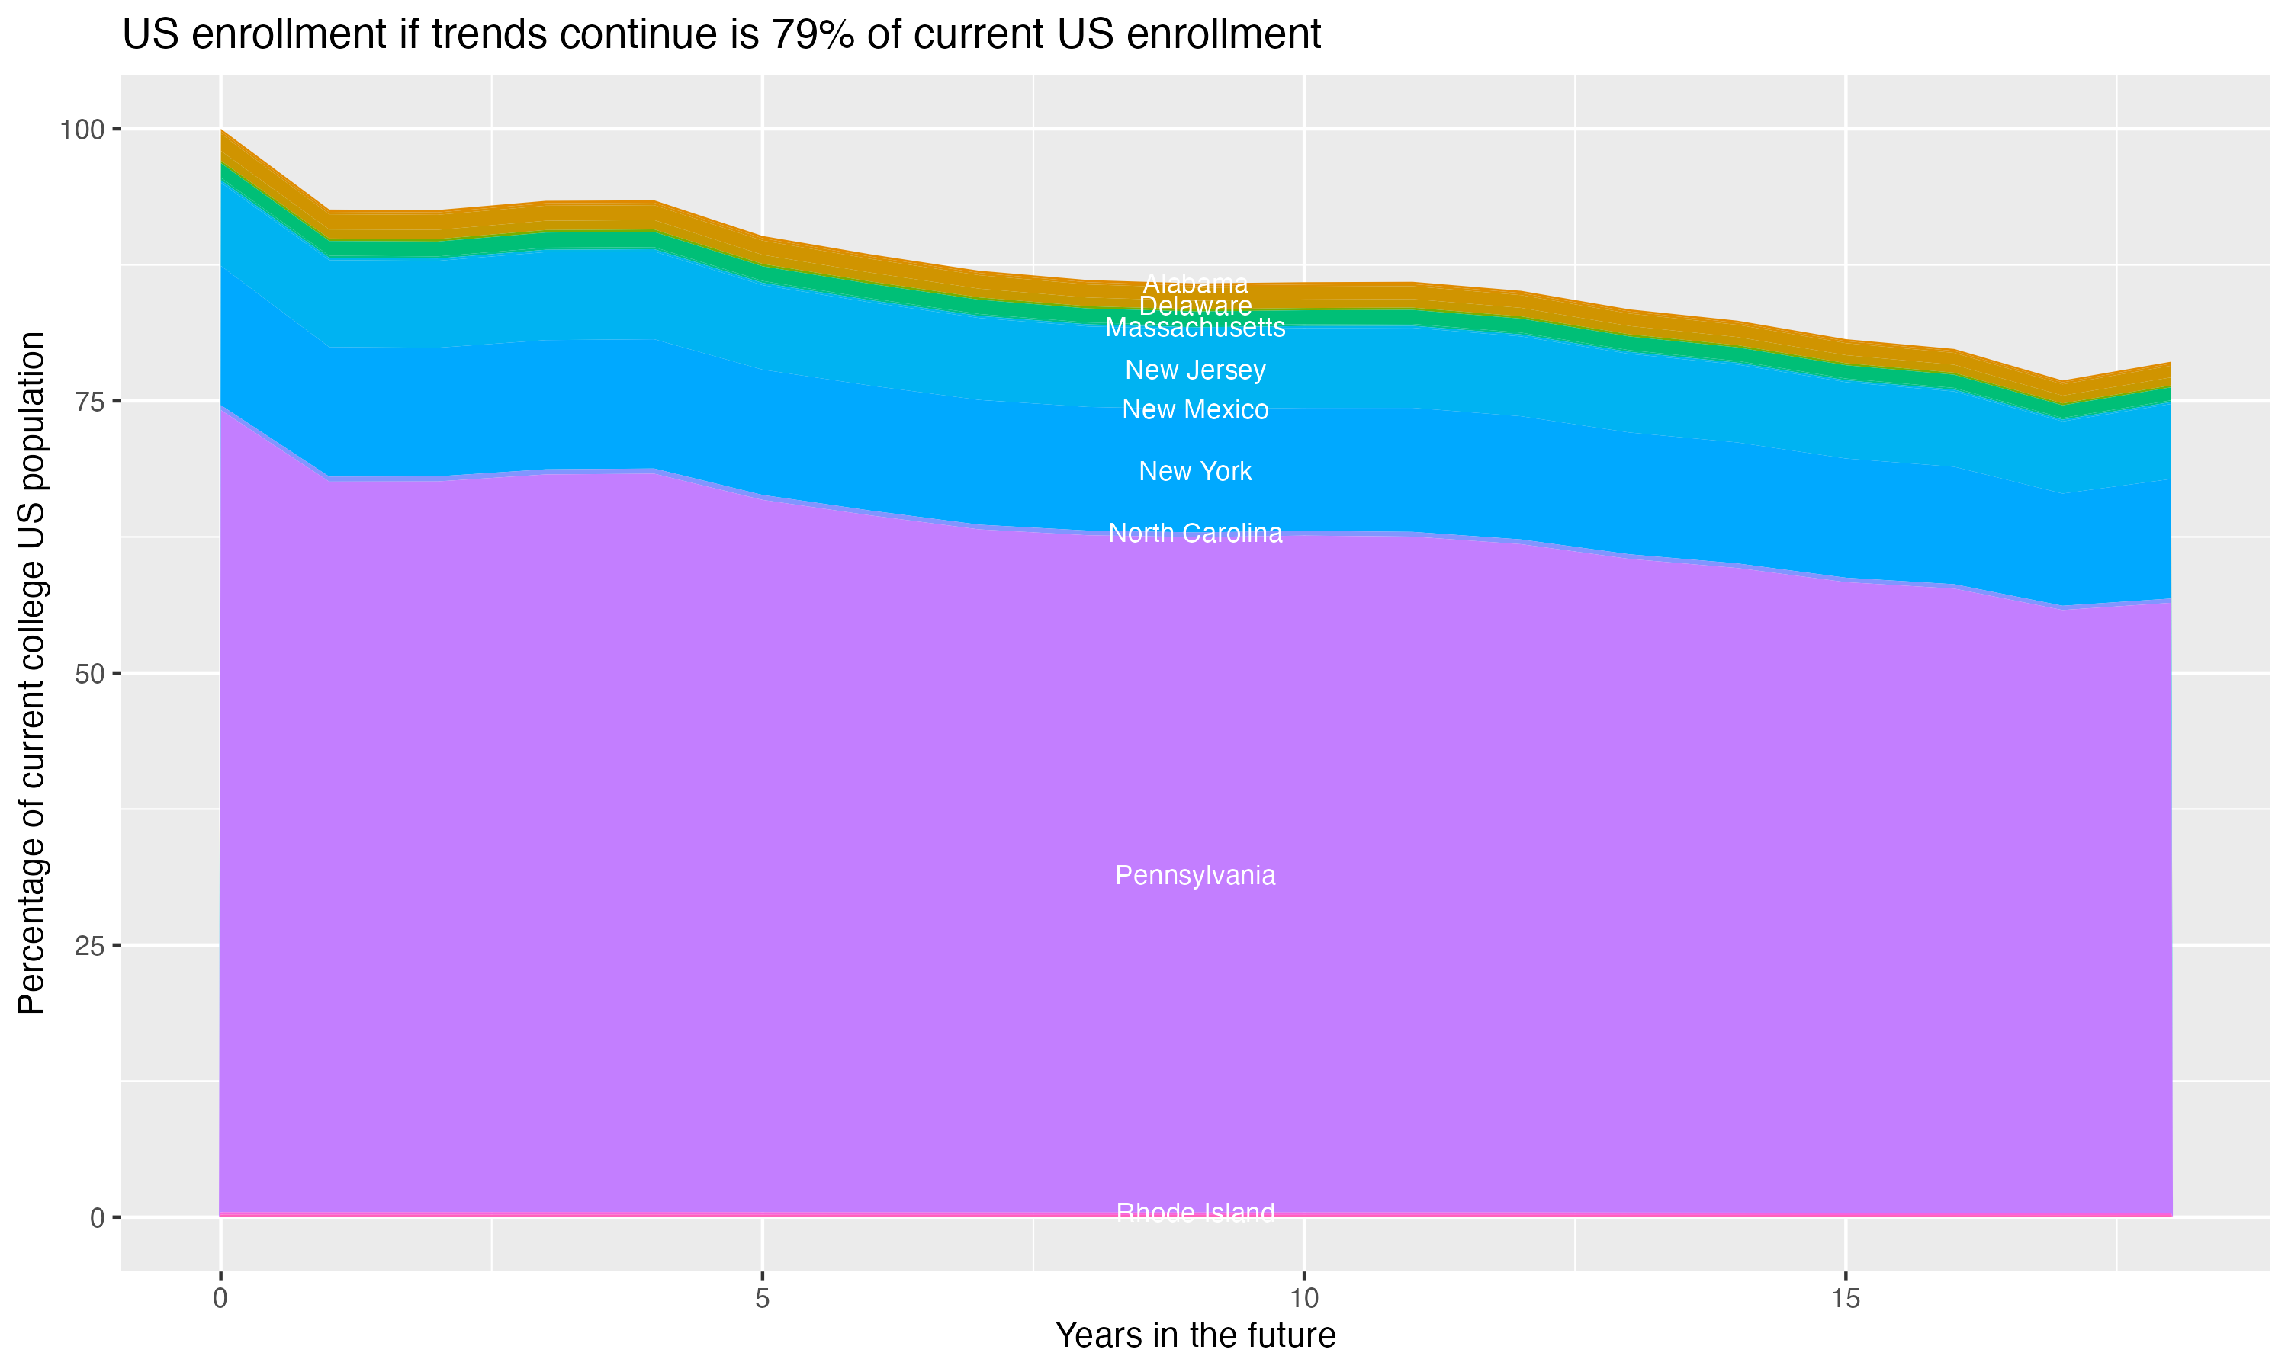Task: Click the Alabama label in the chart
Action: point(1195,284)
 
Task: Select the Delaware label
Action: point(1195,306)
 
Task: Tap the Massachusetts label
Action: point(1195,327)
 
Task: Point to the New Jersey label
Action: point(1195,370)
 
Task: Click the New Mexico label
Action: point(1195,409)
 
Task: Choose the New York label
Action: point(1195,472)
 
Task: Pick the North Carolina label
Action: point(1195,534)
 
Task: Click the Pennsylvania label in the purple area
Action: point(1195,876)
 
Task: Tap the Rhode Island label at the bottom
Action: point(1195,1212)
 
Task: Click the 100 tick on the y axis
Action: point(82,130)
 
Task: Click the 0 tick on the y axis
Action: point(97,1217)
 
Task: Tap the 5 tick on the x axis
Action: point(762,1299)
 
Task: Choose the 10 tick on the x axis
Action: point(1303,1299)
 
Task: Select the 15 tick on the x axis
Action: point(1845,1299)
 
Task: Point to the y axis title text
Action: point(31,673)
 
